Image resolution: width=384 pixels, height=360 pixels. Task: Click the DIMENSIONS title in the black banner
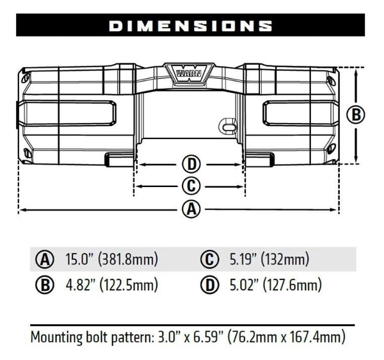(190, 26)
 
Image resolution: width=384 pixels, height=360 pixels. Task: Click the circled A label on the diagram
(190, 209)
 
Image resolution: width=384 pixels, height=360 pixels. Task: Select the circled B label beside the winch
(355, 115)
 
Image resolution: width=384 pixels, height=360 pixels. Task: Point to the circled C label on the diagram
(190, 186)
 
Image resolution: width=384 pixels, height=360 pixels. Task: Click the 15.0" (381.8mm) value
(111, 260)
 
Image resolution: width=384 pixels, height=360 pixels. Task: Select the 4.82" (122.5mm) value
(111, 285)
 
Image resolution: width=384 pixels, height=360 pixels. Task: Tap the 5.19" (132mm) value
(269, 260)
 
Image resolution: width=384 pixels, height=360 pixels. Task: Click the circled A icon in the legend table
(44, 260)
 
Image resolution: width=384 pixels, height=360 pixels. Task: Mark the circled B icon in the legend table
(44, 286)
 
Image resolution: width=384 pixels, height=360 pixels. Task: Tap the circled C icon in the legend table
(209, 260)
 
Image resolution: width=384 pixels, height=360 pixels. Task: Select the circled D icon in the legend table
(209, 286)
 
